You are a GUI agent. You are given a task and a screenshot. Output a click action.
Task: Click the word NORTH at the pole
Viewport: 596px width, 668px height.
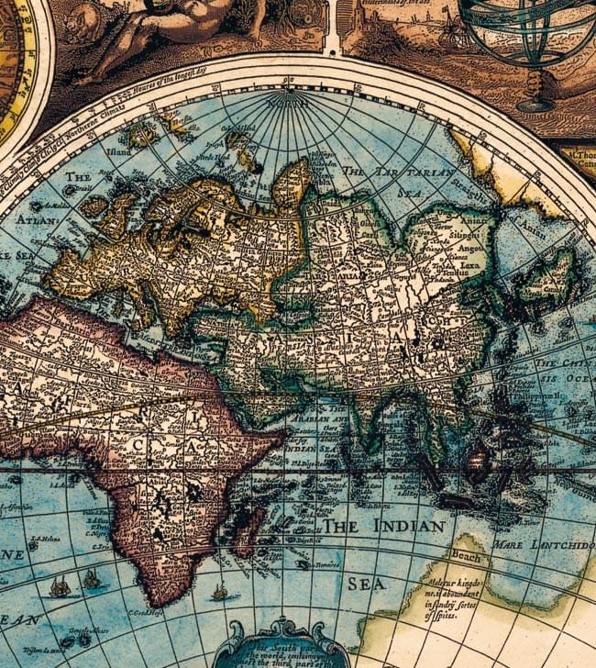point(291,103)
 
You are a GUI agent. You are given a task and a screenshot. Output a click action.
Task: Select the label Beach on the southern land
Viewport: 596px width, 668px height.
point(465,558)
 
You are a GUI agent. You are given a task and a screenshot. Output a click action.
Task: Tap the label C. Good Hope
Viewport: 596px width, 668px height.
point(146,614)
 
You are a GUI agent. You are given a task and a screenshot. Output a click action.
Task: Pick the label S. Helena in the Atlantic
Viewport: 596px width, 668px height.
point(44,540)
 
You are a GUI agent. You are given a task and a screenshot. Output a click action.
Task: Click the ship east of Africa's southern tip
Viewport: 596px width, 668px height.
point(219,592)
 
